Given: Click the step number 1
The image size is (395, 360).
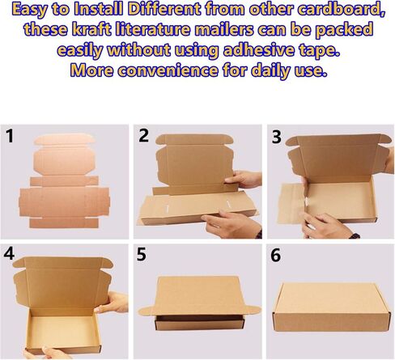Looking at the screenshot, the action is pos(10,136).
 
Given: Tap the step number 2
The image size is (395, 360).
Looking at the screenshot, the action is pos(144,136).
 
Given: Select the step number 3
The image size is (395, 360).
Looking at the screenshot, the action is pos(277,137).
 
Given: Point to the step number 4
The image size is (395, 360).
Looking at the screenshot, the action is pos(9,254).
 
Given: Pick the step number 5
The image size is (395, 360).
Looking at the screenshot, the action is pos(142,255).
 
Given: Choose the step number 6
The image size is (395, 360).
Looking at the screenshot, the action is pos(275,256).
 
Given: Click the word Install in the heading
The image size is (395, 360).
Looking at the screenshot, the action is pos(99,10).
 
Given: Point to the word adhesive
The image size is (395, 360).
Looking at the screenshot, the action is pos(258,50).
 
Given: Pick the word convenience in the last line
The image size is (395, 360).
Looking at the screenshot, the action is pos(168,70).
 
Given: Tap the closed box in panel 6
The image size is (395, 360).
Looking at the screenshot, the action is pos(332,308).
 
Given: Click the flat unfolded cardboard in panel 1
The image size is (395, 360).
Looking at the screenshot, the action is pos(64,181).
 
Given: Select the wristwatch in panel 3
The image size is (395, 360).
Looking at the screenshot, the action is pos(355,235).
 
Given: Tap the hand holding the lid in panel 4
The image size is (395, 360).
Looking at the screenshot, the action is pos(112,302).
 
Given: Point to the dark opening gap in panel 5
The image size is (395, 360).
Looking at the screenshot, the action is pos(200,318).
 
